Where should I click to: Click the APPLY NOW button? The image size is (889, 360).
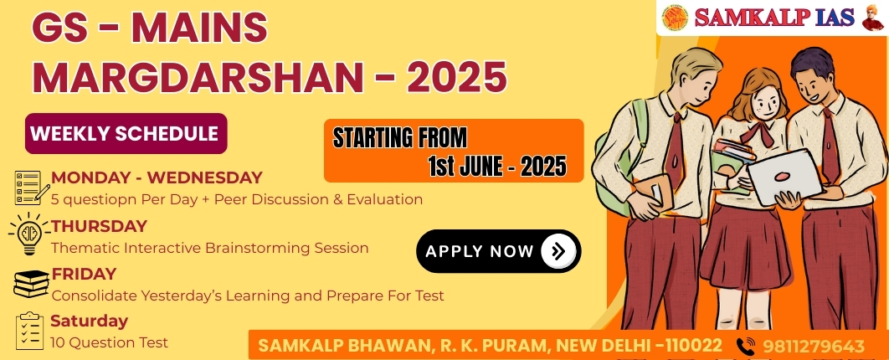498,251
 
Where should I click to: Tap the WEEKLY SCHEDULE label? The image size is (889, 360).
125,134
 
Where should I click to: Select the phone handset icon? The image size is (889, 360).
746,346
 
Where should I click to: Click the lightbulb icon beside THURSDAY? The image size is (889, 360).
29,234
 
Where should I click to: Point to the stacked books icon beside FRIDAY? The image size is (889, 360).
32,284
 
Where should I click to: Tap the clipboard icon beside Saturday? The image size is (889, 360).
29,331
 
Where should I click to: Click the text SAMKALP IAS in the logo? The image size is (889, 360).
774,18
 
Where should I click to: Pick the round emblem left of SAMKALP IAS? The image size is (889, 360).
675,18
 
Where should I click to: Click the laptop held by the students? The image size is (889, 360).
784,177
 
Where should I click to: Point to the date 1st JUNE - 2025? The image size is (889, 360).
496,167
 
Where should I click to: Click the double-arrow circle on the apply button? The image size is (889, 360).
558,251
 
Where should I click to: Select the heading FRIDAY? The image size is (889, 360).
84,275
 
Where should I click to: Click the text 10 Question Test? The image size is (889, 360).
109,342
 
